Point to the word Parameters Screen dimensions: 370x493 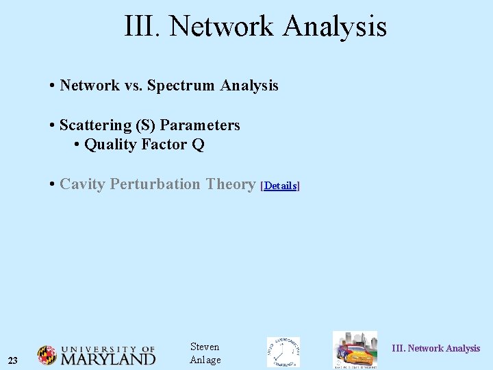[200, 125]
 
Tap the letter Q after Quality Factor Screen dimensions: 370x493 [198, 145]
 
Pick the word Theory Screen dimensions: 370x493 [231, 184]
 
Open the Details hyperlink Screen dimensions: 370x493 [281, 186]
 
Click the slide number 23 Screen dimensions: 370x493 [13, 360]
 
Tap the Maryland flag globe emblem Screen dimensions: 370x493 [47, 355]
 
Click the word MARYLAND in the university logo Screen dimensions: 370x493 [108, 359]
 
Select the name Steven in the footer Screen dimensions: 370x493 [205, 347]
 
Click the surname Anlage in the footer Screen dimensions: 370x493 [205, 360]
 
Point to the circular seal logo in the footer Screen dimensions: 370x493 [283, 351]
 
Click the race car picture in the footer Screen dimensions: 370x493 [355, 351]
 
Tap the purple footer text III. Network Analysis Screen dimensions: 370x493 [435, 349]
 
